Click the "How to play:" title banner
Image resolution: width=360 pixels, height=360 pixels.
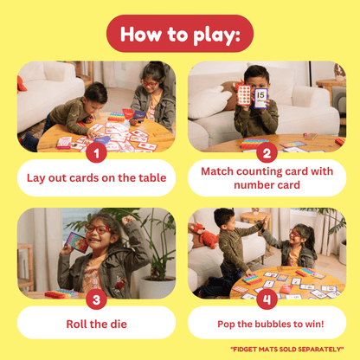click(180, 34)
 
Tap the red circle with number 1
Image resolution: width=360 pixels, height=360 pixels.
click(96, 153)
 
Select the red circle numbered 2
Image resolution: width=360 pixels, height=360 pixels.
click(266, 153)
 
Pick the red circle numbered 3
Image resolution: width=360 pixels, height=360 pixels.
click(96, 300)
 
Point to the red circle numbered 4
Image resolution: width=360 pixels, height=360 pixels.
click(266, 300)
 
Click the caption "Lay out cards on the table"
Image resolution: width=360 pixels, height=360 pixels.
click(96, 177)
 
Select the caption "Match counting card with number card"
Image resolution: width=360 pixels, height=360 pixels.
click(267, 177)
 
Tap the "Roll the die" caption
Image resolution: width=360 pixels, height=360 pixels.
click(96, 325)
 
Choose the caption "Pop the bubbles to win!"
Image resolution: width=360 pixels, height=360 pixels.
click(267, 325)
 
